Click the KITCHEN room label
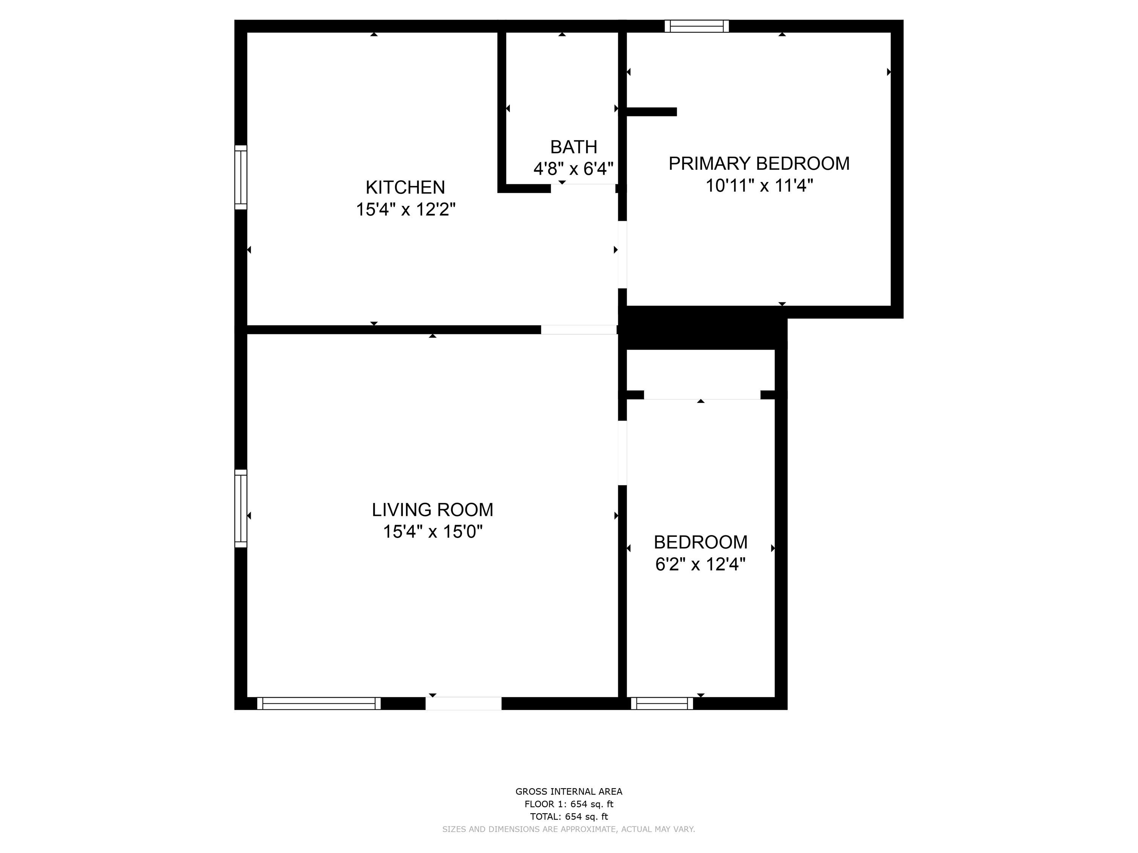[406, 187]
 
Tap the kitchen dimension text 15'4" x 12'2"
[406, 209]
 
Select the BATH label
[574, 147]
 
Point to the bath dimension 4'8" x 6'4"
[574, 169]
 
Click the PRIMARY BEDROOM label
[759, 163]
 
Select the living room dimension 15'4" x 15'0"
[433, 531]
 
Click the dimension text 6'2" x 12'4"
[700, 564]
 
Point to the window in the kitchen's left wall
[241, 177]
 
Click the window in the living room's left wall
[241, 508]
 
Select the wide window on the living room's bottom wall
[319, 703]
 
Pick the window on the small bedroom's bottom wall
[662, 703]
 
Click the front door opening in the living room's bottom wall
[464, 703]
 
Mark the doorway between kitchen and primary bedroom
[622, 254]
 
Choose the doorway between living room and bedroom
[622, 453]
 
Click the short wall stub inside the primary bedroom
[651, 111]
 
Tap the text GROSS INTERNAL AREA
[569, 792]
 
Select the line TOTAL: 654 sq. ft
[569, 817]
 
